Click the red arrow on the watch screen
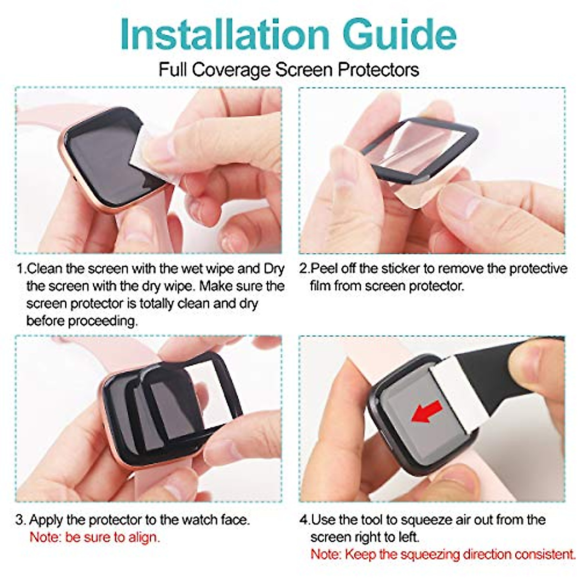[426, 411]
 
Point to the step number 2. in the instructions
[304, 269]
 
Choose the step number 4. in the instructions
[304, 520]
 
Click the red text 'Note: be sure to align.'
[95, 537]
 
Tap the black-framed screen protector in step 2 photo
[420, 145]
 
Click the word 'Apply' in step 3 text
[46, 520]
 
